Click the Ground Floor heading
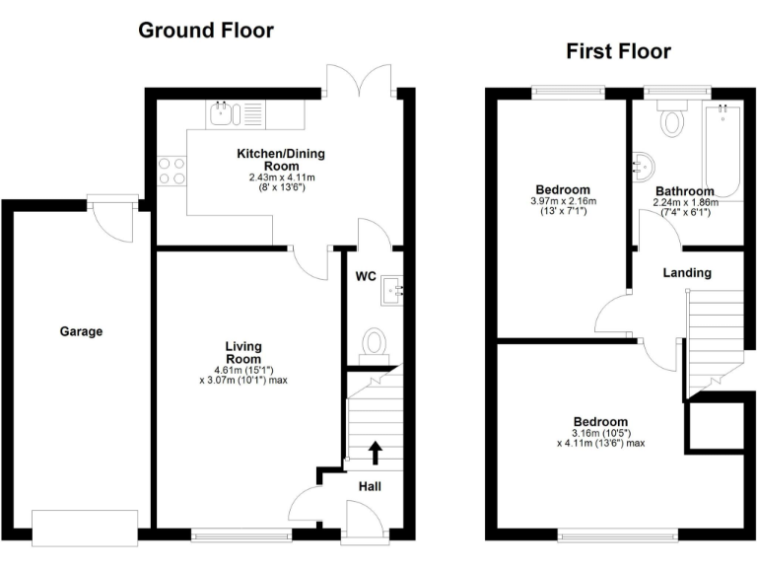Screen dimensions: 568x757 coord(205,30)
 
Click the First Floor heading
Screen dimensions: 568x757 coord(618,51)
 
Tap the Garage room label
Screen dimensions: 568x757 coord(82,332)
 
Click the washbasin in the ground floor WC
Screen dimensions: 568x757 coord(396,289)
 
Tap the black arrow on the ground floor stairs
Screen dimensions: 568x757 coord(376,452)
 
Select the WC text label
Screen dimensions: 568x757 coord(366,276)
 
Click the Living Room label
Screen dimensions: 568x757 coord(242,352)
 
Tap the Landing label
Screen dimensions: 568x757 coord(687,272)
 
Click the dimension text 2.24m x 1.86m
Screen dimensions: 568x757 coord(685,203)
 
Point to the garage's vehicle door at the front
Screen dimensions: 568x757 coord(85,527)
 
